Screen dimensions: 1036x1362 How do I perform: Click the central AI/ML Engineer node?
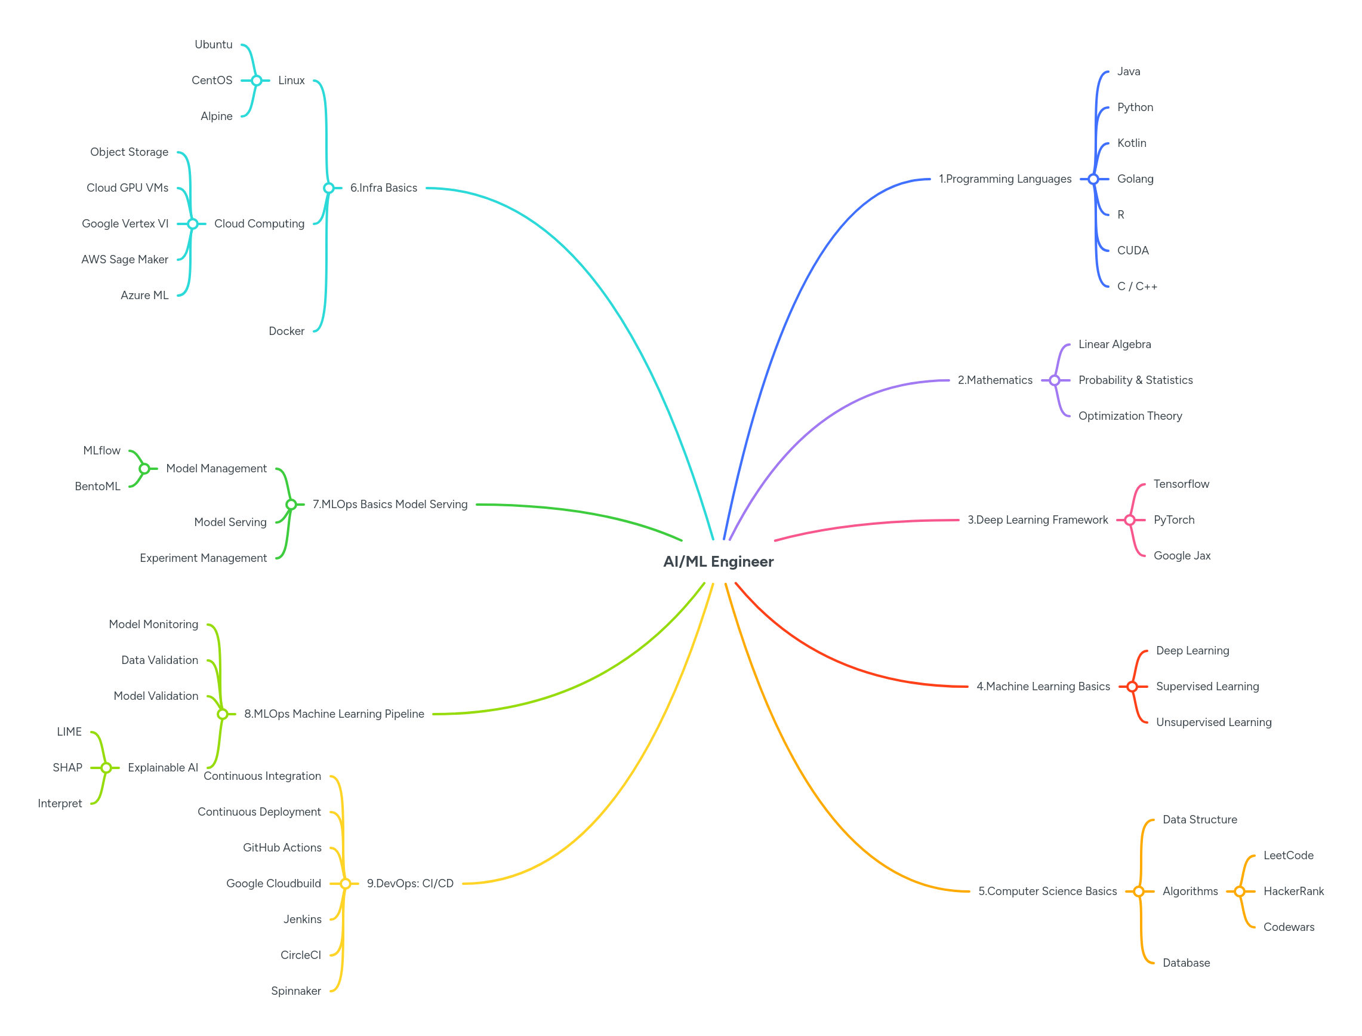(x=718, y=561)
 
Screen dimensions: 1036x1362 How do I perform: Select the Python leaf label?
(x=1135, y=107)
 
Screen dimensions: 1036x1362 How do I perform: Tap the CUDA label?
(x=1133, y=250)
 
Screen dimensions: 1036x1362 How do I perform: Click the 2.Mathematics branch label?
(x=995, y=380)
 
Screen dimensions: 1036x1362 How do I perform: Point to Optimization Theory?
(x=1130, y=416)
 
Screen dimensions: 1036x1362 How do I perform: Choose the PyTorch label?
(x=1173, y=520)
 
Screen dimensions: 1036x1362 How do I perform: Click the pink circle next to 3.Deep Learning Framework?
(x=1130, y=520)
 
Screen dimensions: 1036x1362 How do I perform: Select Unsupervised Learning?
(x=1213, y=722)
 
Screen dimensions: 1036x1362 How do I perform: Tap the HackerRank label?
(x=1293, y=891)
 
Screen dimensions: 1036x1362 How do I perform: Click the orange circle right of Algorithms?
(x=1240, y=891)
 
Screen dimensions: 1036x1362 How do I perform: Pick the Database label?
(x=1186, y=963)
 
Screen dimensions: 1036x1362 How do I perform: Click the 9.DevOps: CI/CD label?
(x=410, y=883)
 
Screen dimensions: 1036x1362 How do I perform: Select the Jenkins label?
(x=302, y=919)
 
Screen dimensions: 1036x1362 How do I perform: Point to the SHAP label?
(x=67, y=767)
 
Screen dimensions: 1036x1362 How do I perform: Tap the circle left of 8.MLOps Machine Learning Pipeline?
(x=223, y=714)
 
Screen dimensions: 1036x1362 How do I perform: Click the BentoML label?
(x=97, y=486)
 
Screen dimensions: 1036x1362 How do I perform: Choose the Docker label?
(x=286, y=331)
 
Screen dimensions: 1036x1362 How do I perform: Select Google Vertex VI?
(x=125, y=223)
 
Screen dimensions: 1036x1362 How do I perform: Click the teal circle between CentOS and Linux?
(x=257, y=80)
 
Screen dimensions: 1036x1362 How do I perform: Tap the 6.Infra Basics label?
(x=383, y=187)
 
